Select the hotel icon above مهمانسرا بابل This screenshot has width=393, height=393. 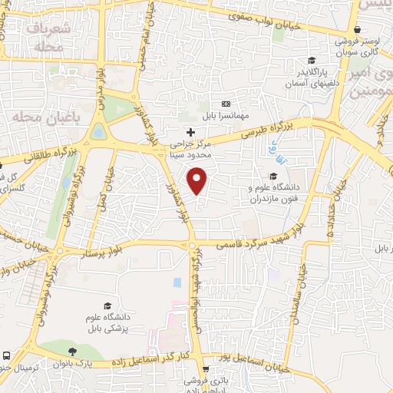click(226, 104)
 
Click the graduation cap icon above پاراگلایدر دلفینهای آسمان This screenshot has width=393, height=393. click(312, 61)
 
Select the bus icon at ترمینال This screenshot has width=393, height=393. click(6, 356)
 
